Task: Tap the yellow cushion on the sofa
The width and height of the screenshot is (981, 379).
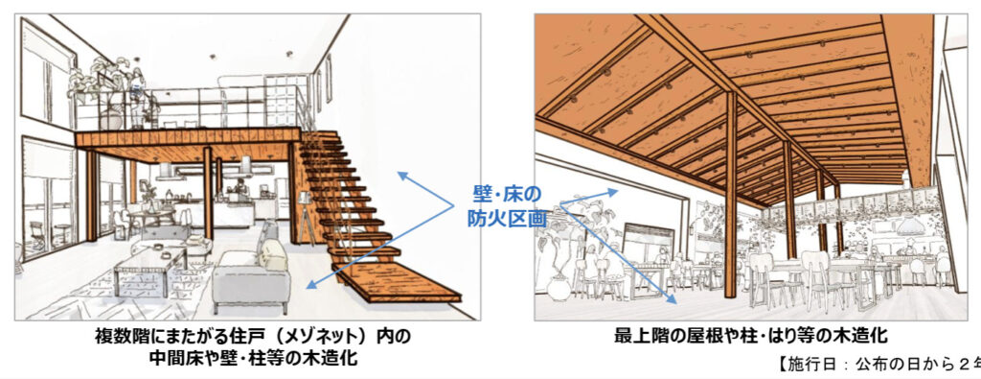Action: coord(272,253)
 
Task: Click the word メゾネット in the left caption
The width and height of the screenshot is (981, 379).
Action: coord(325,338)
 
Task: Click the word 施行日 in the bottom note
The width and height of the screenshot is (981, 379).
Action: coord(819,364)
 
